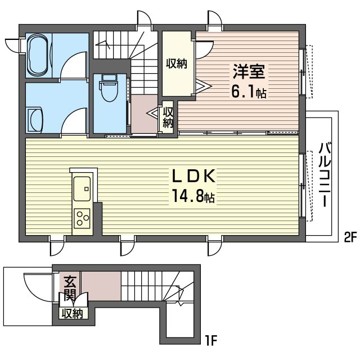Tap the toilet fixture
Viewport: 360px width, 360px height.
coord(109,88)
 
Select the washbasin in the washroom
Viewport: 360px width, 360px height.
coord(35,119)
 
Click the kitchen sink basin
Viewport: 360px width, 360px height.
coord(82,188)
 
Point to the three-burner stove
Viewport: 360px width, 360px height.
coord(82,218)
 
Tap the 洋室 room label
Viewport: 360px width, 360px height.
coord(249,71)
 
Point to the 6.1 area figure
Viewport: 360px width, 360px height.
coord(243,92)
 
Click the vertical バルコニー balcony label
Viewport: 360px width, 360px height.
coord(325,174)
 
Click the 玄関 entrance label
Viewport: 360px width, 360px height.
coord(70,288)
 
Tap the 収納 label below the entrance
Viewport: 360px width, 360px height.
coord(73,313)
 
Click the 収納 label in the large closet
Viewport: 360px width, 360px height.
coord(177,64)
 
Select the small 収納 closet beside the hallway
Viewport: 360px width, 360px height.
coord(168,118)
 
